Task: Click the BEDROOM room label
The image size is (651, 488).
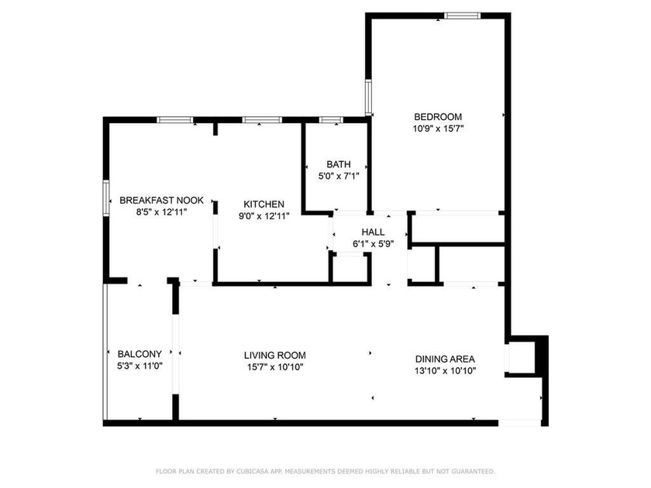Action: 438,116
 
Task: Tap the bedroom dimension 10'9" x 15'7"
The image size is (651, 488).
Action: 438,129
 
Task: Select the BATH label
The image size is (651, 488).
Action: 338,164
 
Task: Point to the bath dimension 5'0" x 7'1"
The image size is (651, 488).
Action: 338,176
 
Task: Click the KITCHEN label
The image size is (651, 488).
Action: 263,204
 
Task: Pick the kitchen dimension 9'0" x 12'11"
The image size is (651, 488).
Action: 263,216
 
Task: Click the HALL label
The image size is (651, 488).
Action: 374,232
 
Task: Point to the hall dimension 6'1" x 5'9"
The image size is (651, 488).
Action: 374,243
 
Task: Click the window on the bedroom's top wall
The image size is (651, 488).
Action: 462,14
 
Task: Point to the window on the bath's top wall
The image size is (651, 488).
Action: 331,119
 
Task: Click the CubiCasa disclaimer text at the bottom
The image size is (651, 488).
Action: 325,470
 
